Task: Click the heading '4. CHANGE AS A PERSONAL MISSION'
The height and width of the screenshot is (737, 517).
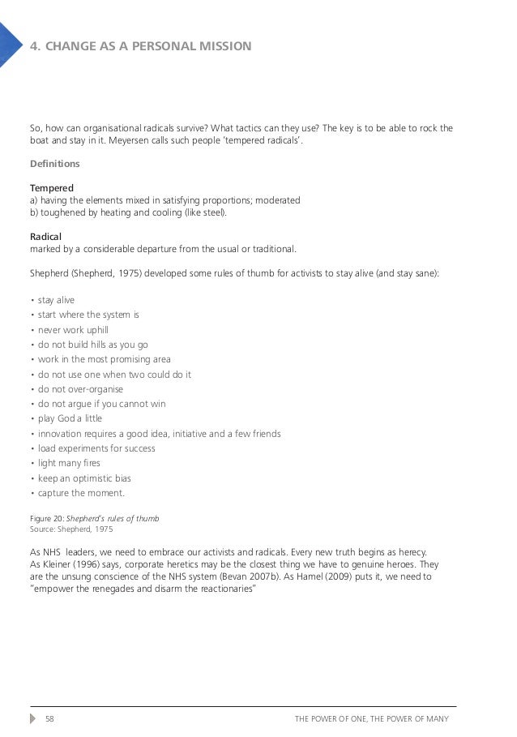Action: (140, 45)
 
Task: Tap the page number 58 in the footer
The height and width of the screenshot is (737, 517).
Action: (49, 718)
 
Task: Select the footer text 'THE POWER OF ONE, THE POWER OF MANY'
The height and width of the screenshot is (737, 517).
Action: (377, 718)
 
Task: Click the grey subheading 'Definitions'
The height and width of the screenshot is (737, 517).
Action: (54, 164)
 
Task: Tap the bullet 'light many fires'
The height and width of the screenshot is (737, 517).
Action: (73, 464)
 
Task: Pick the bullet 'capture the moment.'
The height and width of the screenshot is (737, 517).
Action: (82, 493)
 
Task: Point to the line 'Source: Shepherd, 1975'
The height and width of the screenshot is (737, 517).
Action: (70, 529)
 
